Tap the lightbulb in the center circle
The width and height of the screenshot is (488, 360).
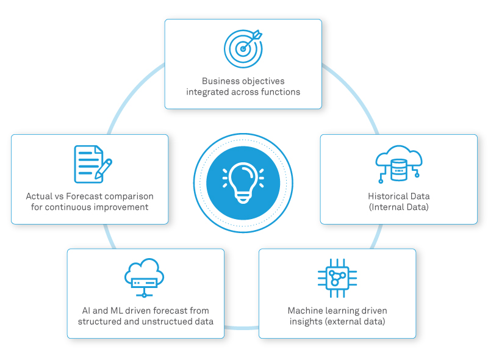[243, 181]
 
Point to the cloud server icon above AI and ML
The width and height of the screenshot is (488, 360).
[144, 278]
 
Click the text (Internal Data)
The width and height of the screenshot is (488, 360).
[398, 207]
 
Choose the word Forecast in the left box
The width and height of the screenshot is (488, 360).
[88, 196]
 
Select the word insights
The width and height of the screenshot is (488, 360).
[307, 321]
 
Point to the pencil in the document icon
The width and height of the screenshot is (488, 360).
[104, 167]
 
